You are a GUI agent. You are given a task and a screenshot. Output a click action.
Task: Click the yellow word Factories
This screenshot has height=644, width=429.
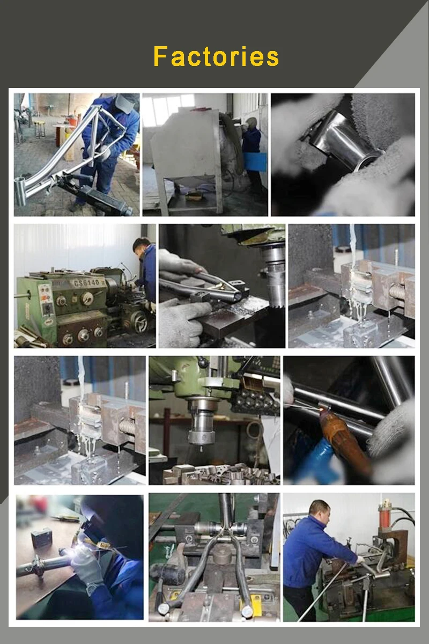click(x=216, y=56)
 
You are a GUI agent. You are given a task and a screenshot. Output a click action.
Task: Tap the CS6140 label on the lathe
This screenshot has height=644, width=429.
click(x=87, y=283)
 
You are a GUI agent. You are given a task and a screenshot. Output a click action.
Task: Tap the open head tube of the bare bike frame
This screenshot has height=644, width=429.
click(x=20, y=192)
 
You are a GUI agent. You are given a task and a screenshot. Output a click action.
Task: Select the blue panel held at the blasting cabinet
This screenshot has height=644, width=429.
click(x=255, y=162)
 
